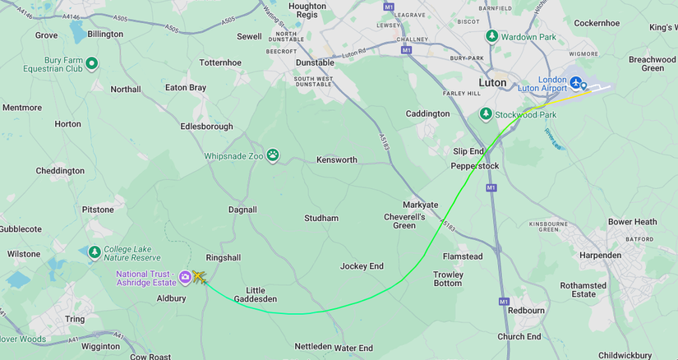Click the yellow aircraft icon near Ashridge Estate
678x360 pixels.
pyautogui.click(x=198, y=278)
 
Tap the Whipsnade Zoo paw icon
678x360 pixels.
pyautogui.click(x=272, y=155)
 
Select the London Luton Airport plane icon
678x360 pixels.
pyautogui.click(x=576, y=83)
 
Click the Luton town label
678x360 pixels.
pyautogui.click(x=492, y=83)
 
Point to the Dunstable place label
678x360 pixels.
pyautogui.click(x=315, y=62)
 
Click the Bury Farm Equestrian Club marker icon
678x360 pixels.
pyautogui.click(x=92, y=63)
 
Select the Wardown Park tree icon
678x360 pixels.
pyautogui.click(x=491, y=36)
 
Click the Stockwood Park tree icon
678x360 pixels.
pyautogui.click(x=486, y=114)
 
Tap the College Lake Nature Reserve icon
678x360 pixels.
pyautogui.click(x=95, y=252)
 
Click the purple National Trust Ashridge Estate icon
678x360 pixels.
pyautogui.click(x=185, y=277)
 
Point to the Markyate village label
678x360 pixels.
pyautogui.click(x=420, y=205)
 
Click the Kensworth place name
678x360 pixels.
pyautogui.click(x=337, y=159)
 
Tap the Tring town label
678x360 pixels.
pyautogui.click(x=75, y=319)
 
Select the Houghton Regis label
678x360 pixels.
pyautogui.click(x=307, y=11)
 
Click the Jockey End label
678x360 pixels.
pyautogui.click(x=362, y=266)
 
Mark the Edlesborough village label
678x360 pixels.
pyautogui.click(x=206, y=127)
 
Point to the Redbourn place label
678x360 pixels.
pyautogui.click(x=526, y=311)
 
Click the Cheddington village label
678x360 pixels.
pyautogui.click(x=60, y=171)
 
